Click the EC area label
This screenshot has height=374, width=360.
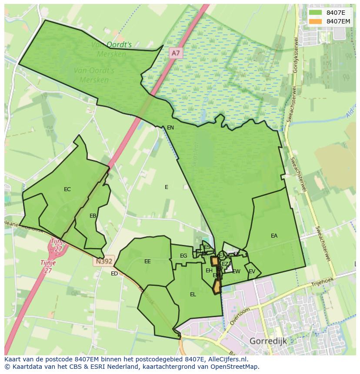pyautogui.click(x=67, y=189)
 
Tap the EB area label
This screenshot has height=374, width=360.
pyautogui.click(x=93, y=216)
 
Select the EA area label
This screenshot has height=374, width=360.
pyautogui.click(x=274, y=236)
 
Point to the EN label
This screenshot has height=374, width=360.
pyautogui.click(x=170, y=128)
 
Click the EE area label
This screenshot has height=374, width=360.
pyautogui.click(x=147, y=261)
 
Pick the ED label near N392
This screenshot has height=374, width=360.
pyautogui.click(x=114, y=274)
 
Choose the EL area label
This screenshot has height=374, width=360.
pyautogui.click(x=193, y=295)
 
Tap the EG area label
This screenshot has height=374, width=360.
pyautogui.click(x=183, y=256)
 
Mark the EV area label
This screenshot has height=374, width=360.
pyautogui.click(x=252, y=271)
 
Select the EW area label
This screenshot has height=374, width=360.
pyautogui.click(x=236, y=271)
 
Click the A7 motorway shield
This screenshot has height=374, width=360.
pyautogui.click(x=175, y=53)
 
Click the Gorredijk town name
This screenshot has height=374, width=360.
pyautogui.click(x=268, y=341)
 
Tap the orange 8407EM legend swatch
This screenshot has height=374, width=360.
pyautogui.click(x=316, y=21)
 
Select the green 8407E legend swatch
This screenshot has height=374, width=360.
pyautogui.click(x=316, y=13)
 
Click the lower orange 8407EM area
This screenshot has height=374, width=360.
pyautogui.click(x=217, y=287)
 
